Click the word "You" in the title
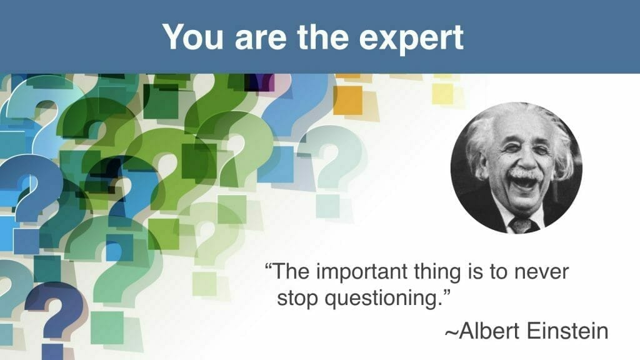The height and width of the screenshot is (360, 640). point(192,37)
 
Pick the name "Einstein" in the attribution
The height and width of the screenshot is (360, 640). point(567,331)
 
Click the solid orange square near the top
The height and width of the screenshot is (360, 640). point(347,100)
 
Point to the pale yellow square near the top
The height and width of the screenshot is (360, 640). point(443,94)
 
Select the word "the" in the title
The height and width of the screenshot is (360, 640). point(322,37)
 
